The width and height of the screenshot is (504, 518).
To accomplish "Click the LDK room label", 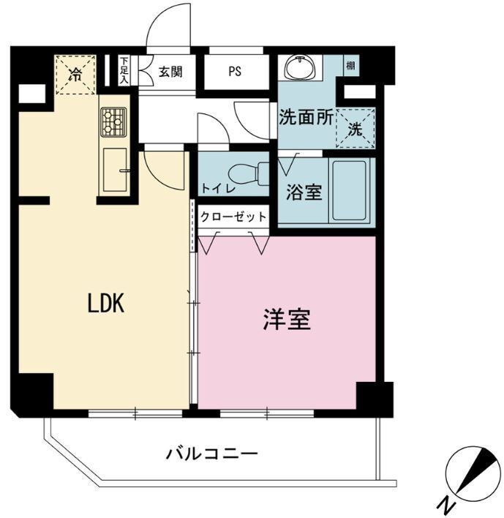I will (x=106, y=304).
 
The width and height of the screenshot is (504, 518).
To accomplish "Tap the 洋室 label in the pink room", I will (x=287, y=319).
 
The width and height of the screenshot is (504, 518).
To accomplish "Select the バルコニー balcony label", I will (x=211, y=454).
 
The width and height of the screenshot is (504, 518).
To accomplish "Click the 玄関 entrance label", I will (x=170, y=72).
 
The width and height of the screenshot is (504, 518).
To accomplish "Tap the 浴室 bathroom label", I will (x=304, y=192).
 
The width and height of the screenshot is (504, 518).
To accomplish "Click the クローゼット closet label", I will (x=233, y=217).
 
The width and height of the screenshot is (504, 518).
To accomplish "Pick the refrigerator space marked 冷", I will (x=75, y=74).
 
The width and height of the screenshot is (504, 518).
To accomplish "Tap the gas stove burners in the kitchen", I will (x=113, y=122).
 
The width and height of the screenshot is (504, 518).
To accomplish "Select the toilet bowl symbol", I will (x=244, y=175).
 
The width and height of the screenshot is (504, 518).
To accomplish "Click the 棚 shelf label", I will (x=352, y=64).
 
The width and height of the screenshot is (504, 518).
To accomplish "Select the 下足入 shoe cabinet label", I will (x=124, y=72).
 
